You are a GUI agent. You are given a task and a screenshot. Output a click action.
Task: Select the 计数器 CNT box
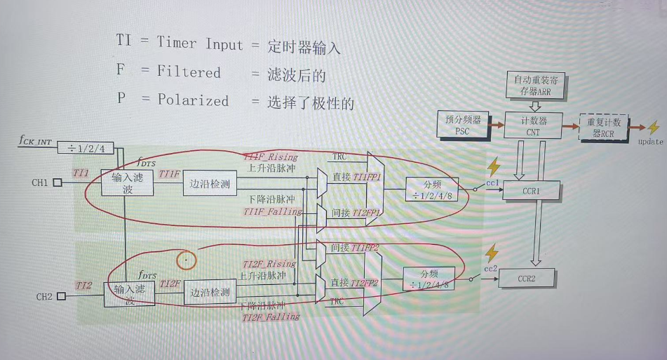[533, 125]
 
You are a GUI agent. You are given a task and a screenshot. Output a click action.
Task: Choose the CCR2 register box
[527, 279]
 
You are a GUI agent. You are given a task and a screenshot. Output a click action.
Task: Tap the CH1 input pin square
[58, 184]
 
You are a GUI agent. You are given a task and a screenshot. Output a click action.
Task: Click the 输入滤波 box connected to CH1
[127, 183]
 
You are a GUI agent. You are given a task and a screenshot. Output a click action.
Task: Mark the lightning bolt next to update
[654, 128]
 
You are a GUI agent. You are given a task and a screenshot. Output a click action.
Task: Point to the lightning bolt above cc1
[494, 166]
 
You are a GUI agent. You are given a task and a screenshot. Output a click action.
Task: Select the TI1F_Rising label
[271, 156]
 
